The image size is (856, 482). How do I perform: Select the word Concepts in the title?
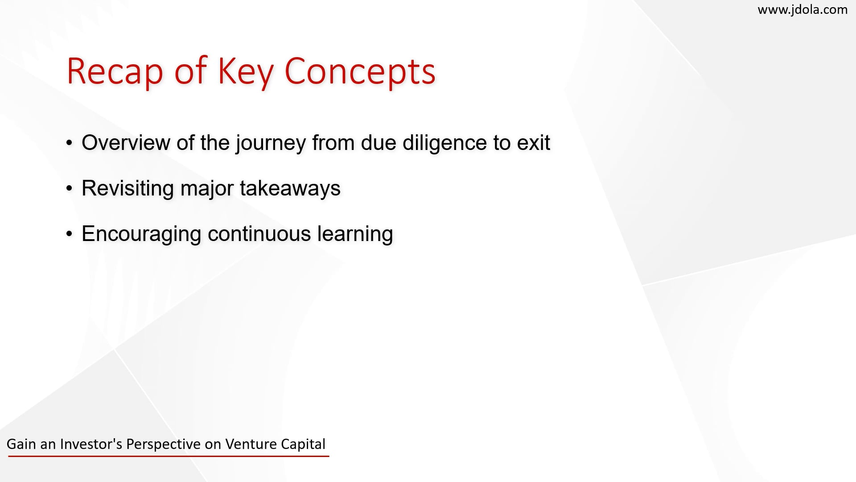359,71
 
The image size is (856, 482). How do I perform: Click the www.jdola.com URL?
802,10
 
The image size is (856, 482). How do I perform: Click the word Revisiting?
128,188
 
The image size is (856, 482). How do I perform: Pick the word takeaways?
290,188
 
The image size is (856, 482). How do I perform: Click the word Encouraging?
141,234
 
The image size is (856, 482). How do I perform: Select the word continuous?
259,234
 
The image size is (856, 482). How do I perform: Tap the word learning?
355,234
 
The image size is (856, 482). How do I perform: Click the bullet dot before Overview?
69,143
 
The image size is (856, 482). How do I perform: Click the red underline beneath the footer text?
169,456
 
